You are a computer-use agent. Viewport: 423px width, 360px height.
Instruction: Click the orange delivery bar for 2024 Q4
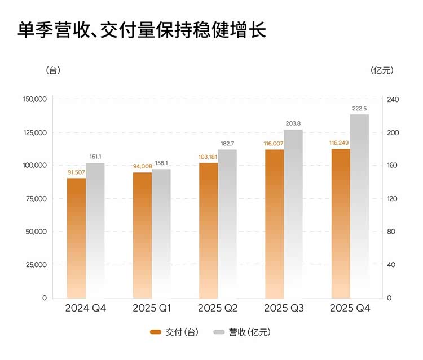[x=76, y=238]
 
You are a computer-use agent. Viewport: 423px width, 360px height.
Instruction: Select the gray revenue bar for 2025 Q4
[x=359, y=206]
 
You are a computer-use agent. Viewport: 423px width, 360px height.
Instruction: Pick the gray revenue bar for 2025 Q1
[x=161, y=233]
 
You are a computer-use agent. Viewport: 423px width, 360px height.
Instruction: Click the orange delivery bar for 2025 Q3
[x=274, y=224]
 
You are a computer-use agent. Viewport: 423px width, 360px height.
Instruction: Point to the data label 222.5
[x=359, y=109]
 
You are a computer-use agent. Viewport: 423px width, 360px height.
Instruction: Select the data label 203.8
[x=293, y=123]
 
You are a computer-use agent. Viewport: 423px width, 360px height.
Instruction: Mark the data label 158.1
[x=161, y=163]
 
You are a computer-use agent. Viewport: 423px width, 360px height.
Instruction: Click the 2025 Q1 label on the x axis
[x=151, y=308]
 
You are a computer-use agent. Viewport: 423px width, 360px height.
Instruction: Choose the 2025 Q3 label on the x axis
[x=284, y=308]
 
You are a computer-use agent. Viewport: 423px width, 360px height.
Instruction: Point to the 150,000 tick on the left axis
[x=35, y=100]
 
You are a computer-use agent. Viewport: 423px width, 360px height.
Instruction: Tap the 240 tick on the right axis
[x=393, y=100]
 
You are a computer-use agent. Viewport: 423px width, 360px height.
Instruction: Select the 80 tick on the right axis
[x=391, y=232]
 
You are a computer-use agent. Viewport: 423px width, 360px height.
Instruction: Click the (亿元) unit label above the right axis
[x=382, y=70]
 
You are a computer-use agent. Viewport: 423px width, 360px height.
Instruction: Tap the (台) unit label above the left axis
[x=52, y=70]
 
